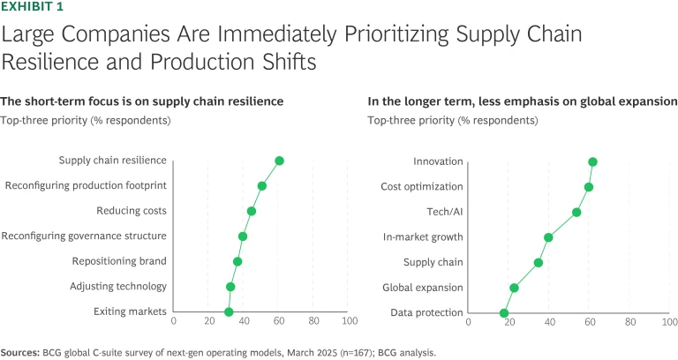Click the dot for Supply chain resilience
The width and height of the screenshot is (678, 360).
pyautogui.click(x=279, y=161)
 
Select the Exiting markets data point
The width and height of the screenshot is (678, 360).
pyautogui.click(x=229, y=312)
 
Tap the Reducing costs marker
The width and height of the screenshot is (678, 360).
pyautogui.click(x=252, y=211)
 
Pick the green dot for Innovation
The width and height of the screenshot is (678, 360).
pyautogui.click(x=592, y=161)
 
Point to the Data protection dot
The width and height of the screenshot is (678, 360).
pyautogui.click(x=504, y=312)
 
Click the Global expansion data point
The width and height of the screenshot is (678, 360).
pyautogui.click(x=514, y=288)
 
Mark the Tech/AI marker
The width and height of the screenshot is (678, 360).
pyautogui.click(x=576, y=212)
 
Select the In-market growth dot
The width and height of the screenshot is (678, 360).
pyautogui.click(x=548, y=237)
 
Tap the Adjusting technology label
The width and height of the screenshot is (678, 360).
pyautogui.click(x=118, y=287)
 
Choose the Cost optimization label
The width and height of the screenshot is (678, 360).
pyautogui.click(x=422, y=186)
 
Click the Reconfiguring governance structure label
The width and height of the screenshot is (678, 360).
pyautogui.click(x=84, y=236)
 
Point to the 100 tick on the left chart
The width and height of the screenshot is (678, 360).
pyautogui.click(x=349, y=320)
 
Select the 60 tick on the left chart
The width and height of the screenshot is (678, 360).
pyautogui.click(x=279, y=320)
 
